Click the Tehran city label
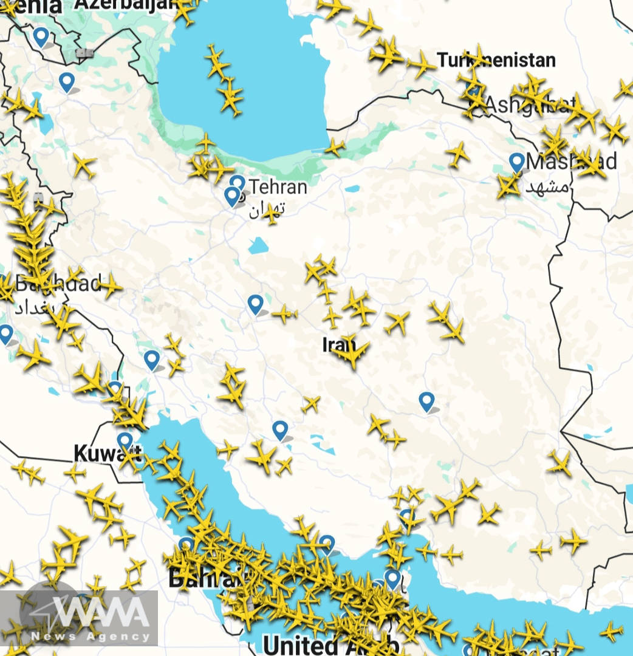click(x=278, y=186)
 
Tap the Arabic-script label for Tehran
click(x=266, y=210)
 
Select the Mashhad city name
click(x=571, y=162)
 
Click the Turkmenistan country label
click(x=496, y=60)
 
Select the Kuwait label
click(x=107, y=453)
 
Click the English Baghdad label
click(x=58, y=283)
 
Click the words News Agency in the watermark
click(x=91, y=636)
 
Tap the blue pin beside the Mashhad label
click(x=517, y=162)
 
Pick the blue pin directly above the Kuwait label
click(x=125, y=440)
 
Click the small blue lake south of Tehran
click(x=258, y=245)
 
